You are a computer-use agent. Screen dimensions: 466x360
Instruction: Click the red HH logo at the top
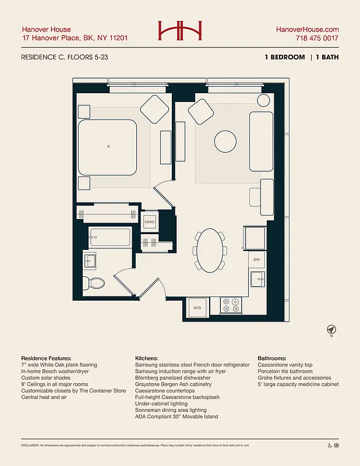[x=180, y=31]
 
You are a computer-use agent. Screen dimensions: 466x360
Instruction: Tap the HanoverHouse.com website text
[x=307, y=29]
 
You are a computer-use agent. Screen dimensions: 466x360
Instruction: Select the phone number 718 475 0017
[x=316, y=38]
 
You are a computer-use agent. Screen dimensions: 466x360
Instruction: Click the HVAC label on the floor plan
[x=150, y=223]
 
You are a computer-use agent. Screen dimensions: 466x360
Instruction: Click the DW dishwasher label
[x=256, y=260]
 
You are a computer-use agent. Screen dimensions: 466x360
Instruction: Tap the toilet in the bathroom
[x=94, y=284]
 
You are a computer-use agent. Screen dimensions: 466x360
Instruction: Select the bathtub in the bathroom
[x=110, y=238]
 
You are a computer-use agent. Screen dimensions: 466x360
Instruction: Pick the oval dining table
[x=211, y=250]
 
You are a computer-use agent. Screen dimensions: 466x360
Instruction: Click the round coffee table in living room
[x=225, y=140]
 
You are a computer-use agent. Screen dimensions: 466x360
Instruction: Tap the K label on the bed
[x=108, y=147]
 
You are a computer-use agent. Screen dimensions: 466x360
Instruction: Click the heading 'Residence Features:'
[x=46, y=358]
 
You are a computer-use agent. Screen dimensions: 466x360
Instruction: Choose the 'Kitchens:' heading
[x=149, y=358]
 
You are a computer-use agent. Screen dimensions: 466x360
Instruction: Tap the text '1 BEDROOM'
[x=284, y=57]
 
